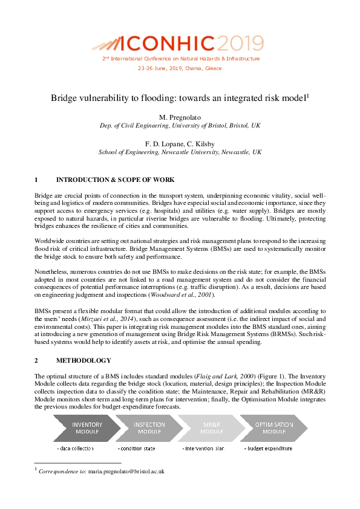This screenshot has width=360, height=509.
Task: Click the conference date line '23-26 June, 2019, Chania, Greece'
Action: point(180,68)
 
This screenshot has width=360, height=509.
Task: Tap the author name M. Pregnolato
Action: point(180,116)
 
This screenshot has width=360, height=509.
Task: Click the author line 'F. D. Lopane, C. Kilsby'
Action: point(180,144)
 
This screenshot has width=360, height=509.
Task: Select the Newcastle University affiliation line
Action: point(180,152)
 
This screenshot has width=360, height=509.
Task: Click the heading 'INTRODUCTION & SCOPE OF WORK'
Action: point(115,180)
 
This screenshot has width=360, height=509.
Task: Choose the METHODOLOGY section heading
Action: point(83,360)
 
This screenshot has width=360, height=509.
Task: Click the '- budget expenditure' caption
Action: point(268,449)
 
